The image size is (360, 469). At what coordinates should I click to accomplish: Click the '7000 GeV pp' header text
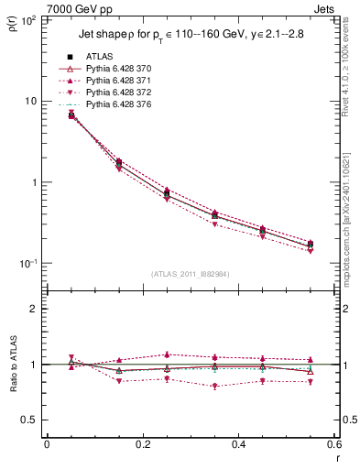(x=58, y=8)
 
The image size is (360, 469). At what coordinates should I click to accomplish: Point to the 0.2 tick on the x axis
(x=142, y=445)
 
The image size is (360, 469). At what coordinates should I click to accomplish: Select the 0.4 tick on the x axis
(x=238, y=445)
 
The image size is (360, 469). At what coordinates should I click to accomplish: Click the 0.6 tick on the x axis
(x=333, y=445)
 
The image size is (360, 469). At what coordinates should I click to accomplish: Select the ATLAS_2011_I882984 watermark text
(x=191, y=273)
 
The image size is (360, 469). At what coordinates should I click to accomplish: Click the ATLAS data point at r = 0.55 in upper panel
(x=310, y=244)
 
